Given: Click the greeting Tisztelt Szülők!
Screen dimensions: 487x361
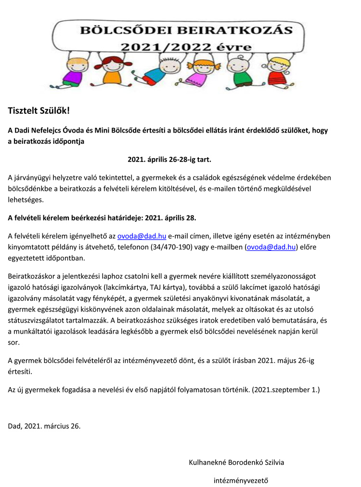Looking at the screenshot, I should click(x=39, y=110).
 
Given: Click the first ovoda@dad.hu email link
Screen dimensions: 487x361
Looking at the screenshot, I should click(x=142, y=236).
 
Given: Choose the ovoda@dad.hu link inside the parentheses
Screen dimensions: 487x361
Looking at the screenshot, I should click(x=271, y=247).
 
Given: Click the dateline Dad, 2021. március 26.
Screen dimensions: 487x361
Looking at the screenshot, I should click(x=44, y=426).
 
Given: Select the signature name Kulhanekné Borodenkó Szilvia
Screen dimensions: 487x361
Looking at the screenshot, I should click(x=236, y=462).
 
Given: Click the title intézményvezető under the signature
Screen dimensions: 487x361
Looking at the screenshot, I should click(x=241, y=480).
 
